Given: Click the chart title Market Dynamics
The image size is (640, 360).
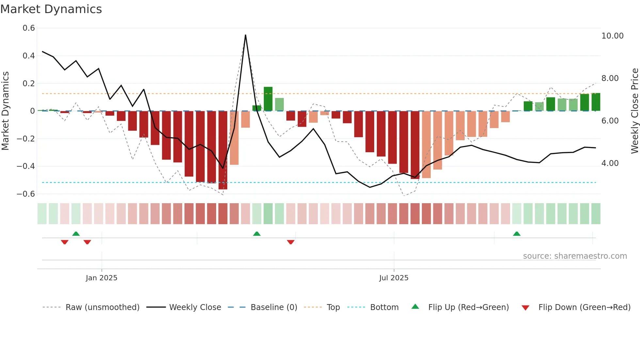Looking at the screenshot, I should coord(51,9).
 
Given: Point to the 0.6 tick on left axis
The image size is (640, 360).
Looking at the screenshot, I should coord(29,28).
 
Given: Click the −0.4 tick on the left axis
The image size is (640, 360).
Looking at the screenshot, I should coord(26,166).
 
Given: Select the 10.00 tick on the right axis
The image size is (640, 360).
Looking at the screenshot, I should coord(612,36).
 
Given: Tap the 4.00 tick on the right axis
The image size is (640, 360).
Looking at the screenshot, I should coord(610,163).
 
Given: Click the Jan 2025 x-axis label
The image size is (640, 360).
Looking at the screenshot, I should coord(102,278).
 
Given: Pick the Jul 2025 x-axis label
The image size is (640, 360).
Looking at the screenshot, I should coord(393,278).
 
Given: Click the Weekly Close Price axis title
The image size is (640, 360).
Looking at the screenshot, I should coord(634,111).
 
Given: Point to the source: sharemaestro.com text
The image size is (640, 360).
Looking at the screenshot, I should coord(575,256).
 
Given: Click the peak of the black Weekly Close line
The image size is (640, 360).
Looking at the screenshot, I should coord(246,35).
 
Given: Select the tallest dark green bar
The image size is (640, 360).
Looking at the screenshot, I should coord(268,99).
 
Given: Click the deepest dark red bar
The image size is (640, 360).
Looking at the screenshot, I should coord(223,150).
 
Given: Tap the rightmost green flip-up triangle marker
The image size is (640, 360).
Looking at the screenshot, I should coord(517,234).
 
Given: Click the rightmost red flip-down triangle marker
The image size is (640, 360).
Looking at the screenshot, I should coord(291,242).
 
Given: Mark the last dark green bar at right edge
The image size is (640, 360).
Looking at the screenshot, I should coord(596,102).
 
